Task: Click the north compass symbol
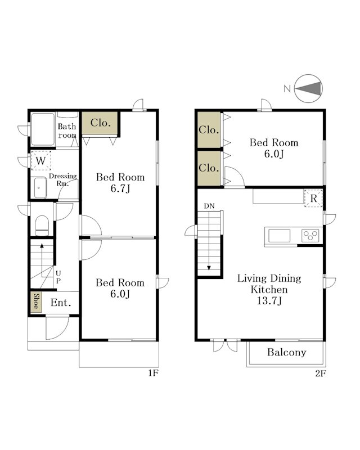[x=309, y=88]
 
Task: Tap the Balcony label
[x=286, y=352]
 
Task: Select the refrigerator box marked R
[x=313, y=198]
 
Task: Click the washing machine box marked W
[x=40, y=161]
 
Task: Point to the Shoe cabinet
[x=36, y=302]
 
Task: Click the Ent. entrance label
[x=61, y=303]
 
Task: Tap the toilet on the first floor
[x=42, y=226]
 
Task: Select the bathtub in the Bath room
[x=43, y=129]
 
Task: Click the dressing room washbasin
[x=40, y=188]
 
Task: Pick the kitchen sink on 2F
[x=280, y=236]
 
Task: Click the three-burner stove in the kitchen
[x=310, y=236]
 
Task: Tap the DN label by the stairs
[x=209, y=206]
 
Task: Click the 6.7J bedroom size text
[x=120, y=188]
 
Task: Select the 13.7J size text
[x=269, y=301]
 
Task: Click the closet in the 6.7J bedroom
[x=100, y=123]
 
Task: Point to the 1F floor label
[x=154, y=373]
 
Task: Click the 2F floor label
[x=321, y=373]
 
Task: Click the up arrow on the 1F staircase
[x=42, y=260]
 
